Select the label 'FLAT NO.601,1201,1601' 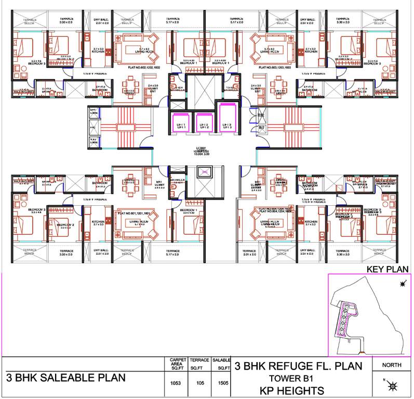[139, 214]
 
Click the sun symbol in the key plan [402, 284]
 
